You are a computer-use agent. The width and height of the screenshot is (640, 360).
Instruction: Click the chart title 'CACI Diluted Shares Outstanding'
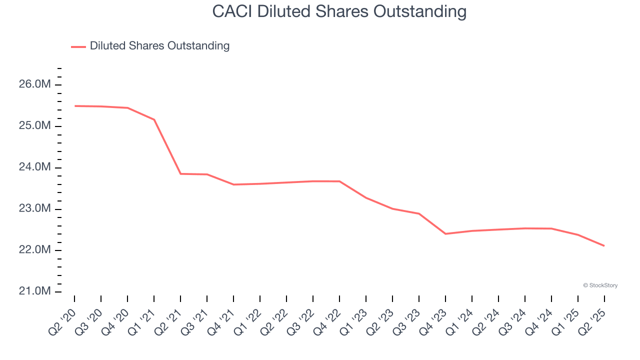(339, 11)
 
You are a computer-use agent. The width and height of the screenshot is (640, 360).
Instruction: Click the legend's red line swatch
(78, 46)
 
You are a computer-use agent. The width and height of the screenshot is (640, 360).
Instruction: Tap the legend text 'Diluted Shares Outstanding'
(159, 46)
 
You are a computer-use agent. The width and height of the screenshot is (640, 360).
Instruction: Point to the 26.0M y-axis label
(35, 84)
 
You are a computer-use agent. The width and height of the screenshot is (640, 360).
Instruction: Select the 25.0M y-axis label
(35, 126)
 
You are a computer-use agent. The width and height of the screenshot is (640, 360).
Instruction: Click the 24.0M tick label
(35, 167)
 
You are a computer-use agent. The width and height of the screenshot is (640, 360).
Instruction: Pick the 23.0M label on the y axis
(35, 208)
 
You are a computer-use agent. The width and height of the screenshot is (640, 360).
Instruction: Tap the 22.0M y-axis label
(35, 250)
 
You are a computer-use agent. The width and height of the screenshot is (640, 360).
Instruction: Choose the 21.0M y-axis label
(35, 291)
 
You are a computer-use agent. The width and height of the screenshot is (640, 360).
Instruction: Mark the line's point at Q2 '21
(180, 174)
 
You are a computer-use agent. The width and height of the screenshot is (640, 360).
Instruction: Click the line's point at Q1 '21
(154, 119)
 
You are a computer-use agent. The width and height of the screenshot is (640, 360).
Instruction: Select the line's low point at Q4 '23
(445, 233)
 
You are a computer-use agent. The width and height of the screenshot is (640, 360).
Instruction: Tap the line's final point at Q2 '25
(604, 245)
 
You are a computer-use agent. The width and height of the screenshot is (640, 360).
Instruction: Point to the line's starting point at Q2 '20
(74, 106)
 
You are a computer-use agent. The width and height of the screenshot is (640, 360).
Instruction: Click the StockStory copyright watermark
(600, 285)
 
